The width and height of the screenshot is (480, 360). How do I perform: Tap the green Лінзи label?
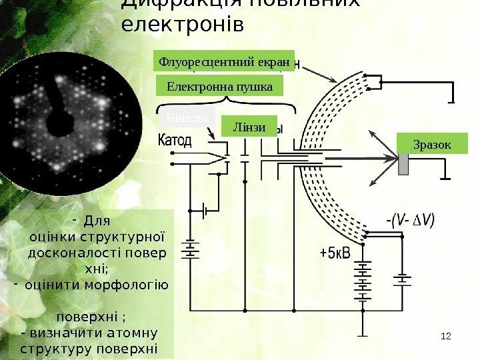pos(250,127)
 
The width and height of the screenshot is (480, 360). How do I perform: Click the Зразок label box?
pos(432,144)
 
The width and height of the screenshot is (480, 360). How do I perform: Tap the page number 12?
pos(447,334)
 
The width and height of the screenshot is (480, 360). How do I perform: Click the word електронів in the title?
pos(183,25)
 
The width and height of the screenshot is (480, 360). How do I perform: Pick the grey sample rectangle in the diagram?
pos(403,164)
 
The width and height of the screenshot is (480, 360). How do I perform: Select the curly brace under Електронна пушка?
pos(225,102)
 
